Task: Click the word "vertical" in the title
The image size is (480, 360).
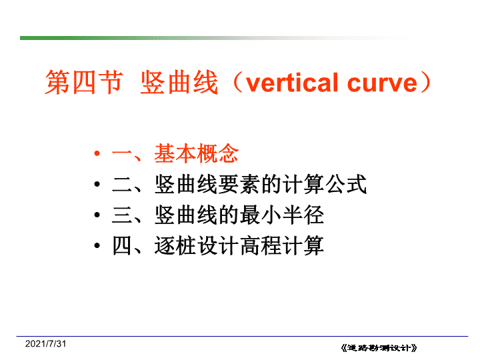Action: click(293, 83)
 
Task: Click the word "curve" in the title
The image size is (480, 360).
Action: click(383, 83)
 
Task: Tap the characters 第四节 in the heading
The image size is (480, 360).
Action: click(84, 82)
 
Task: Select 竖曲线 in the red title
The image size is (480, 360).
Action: click(179, 82)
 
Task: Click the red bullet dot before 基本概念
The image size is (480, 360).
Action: click(97, 153)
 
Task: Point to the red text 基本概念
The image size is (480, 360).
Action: click(196, 153)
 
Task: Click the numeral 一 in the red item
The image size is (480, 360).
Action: click(122, 153)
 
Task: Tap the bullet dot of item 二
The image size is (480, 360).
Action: click(97, 184)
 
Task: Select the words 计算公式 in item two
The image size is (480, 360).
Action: click(324, 184)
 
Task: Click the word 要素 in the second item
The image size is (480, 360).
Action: click(239, 184)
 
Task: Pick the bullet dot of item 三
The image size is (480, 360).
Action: click(97, 215)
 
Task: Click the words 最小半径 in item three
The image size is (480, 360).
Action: click(281, 215)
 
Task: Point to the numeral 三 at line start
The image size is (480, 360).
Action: click(122, 215)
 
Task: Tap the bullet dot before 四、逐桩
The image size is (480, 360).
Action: click(97, 245)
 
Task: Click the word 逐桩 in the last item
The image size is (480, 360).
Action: click(175, 245)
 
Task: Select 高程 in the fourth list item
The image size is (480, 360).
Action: click(261, 245)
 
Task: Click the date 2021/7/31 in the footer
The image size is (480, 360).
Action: click(45, 344)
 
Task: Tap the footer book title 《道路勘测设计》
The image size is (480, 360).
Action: click(379, 348)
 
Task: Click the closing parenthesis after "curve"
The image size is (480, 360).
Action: click(426, 82)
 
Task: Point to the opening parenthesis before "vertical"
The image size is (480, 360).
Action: click(238, 82)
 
